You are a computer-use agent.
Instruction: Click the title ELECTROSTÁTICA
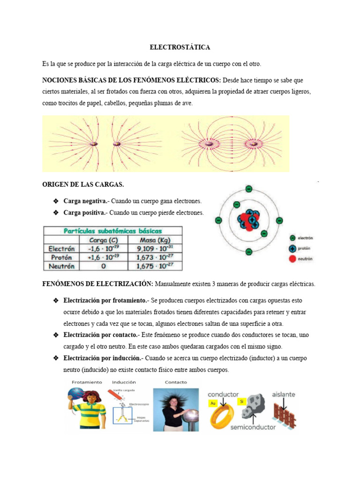(180, 47)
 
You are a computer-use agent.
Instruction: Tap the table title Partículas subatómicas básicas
(112, 231)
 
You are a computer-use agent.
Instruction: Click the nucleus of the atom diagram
(248, 220)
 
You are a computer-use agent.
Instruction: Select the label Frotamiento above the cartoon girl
(86, 382)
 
